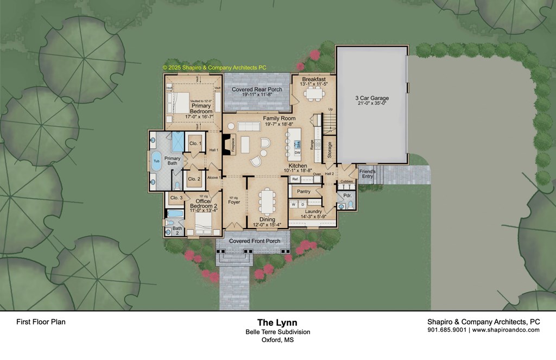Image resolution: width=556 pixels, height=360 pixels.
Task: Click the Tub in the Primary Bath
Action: pos(156,162)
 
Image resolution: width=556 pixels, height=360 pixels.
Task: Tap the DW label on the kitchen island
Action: pos(298,153)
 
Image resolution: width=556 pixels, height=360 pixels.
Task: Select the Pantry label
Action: pos(304,191)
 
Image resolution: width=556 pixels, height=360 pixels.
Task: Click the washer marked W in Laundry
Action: pos(294,205)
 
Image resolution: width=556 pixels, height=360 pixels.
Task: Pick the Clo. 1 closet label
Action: pos(195,143)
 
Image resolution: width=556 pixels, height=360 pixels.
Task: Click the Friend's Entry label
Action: pos(368,173)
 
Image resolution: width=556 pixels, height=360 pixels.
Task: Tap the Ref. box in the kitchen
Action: pos(296,179)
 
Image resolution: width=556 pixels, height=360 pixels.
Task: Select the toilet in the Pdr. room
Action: pos(350,205)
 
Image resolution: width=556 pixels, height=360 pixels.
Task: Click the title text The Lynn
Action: pos(277,323)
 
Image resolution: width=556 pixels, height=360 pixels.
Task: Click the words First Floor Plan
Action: pos(41,322)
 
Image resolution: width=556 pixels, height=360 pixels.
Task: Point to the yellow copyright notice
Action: pos(214,68)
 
